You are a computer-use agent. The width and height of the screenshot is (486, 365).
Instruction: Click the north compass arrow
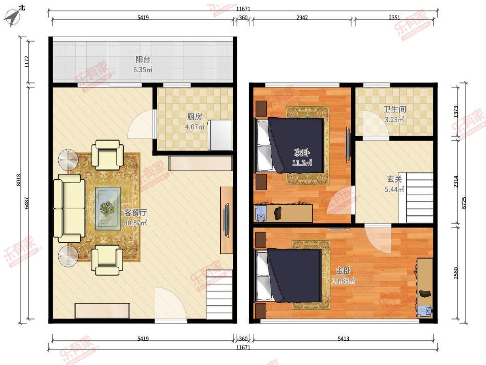tap(12, 18)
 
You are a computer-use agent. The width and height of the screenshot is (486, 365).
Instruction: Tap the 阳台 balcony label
tap(143, 59)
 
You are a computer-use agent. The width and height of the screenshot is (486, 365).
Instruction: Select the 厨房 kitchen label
tap(195, 117)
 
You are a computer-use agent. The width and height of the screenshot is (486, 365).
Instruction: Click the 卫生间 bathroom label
tap(395, 109)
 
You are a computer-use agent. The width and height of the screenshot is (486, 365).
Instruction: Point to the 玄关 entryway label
tap(394, 179)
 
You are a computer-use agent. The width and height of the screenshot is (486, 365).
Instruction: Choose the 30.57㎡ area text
tap(135, 223)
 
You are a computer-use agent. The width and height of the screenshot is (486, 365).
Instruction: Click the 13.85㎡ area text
tap(343, 281)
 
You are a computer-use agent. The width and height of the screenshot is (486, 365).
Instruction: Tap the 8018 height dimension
tap(19, 180)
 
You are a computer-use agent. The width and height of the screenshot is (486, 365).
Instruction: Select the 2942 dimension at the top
tap(302, 17)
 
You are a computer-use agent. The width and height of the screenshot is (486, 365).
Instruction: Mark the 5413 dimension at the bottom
tap(343, 338)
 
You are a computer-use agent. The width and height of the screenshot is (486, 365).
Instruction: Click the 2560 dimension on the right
tap(456, 273)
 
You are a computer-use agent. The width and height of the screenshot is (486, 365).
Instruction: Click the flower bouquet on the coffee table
tap(107, 208)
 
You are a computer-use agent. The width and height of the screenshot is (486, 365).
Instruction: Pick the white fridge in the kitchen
tap(220, 135)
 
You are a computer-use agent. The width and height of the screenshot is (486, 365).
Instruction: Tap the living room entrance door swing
tap(171, 304)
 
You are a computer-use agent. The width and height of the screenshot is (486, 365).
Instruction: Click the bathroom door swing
tap(376, 125)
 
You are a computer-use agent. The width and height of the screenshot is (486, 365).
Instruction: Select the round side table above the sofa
tap(68, 159)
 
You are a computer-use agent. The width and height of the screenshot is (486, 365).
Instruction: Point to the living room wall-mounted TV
tap(226, 220)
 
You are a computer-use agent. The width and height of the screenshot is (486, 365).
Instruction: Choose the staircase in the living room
tap(219, 294)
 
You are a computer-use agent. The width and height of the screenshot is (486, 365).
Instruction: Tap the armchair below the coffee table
tap(107, 260)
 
